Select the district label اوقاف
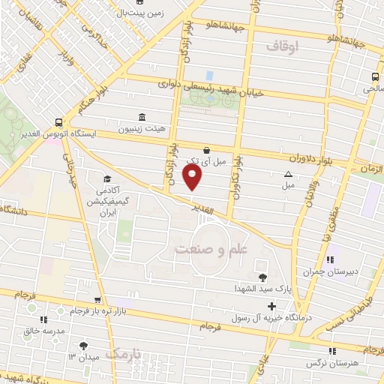coord(283,46)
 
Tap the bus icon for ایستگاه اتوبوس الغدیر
coord(58,124)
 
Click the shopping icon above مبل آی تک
coord(206,150)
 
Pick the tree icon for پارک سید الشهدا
coord(262,277)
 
